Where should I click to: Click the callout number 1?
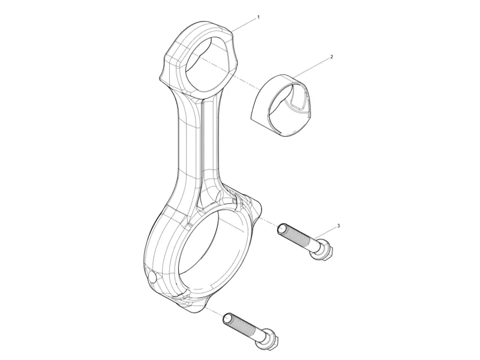tap(258, 17)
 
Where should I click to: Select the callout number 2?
tap(331, 57)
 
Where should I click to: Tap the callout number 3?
tap(338, 226)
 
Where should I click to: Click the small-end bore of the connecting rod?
tap(207, 62)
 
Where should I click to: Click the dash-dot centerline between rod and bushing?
tap(240, 76)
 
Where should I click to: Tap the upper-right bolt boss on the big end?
tap(252, 204)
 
